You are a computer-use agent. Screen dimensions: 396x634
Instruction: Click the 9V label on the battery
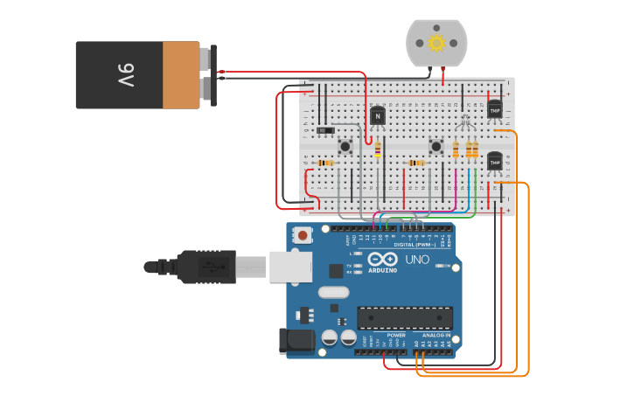coord(125,75)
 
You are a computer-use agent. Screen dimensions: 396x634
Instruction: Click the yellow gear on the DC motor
coord(436,42)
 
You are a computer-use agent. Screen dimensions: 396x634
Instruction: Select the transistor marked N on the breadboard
coord(378,115)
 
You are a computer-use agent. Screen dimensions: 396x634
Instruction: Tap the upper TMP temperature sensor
coord(495,109)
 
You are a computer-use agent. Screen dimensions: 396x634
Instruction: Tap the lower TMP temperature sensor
coord(495,162)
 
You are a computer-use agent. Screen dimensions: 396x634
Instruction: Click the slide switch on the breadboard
coord(326,130)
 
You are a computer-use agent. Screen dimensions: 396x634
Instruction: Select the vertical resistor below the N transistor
coord(378,150)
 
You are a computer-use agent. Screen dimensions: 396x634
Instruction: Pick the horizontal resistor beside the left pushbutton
coord(325,163)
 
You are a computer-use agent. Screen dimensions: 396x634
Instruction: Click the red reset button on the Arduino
coord(303,234)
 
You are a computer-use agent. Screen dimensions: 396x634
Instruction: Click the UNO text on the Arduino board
coord(416,260)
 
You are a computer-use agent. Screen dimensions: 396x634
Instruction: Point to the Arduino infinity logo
coord(382,260)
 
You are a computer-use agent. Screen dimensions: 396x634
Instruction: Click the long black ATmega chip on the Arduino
coord(405,318)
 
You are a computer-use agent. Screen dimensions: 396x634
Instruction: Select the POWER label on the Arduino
coord(396,335)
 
